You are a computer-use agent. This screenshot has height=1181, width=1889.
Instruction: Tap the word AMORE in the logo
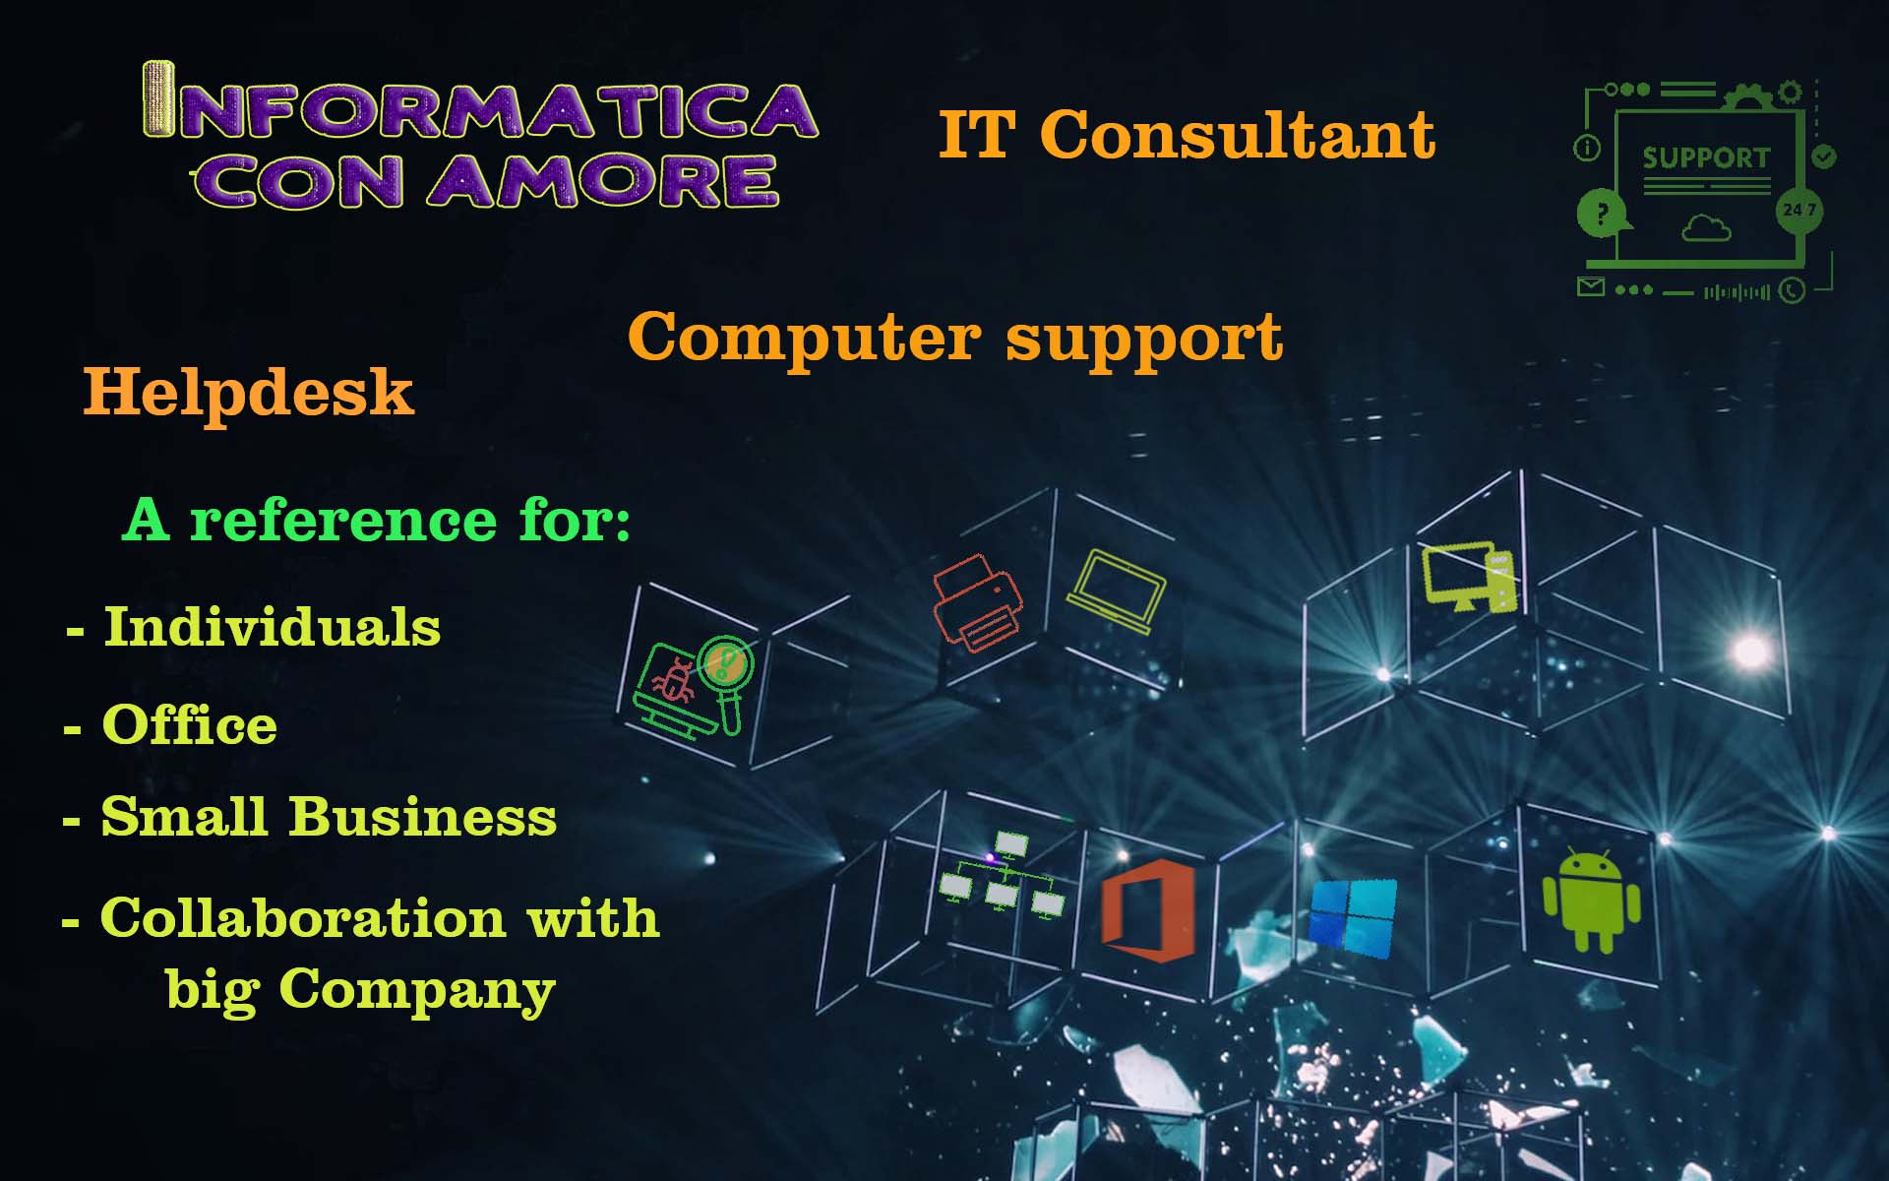pos(603,181)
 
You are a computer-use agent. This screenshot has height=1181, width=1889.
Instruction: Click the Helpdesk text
pos(248,393)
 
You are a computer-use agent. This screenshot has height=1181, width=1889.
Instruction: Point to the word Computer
pos(804,337)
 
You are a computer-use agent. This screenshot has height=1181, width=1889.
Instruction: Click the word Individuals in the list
pos(273,626)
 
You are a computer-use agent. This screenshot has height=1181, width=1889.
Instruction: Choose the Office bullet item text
pos(189,724)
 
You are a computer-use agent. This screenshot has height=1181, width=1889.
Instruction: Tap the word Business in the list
pos(422,817)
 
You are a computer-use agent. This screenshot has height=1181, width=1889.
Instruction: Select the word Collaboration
pos(303,918)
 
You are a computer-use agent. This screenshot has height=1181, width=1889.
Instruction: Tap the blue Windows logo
pos(1353,918)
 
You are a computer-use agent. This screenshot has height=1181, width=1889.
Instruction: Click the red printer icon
pos(977,602)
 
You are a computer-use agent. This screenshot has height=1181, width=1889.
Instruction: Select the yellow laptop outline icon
pos(1117,591)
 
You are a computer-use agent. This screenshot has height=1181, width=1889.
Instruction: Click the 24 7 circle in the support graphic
pos(1799,210)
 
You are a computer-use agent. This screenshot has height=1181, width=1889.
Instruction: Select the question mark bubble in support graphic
pos(1602,213)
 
